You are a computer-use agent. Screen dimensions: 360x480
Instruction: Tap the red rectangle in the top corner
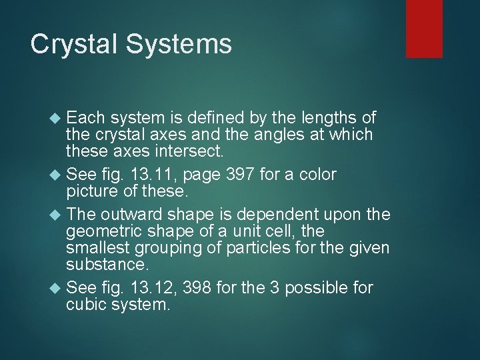coord(424,28)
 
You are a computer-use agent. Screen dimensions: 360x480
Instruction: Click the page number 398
coord(204,288)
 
